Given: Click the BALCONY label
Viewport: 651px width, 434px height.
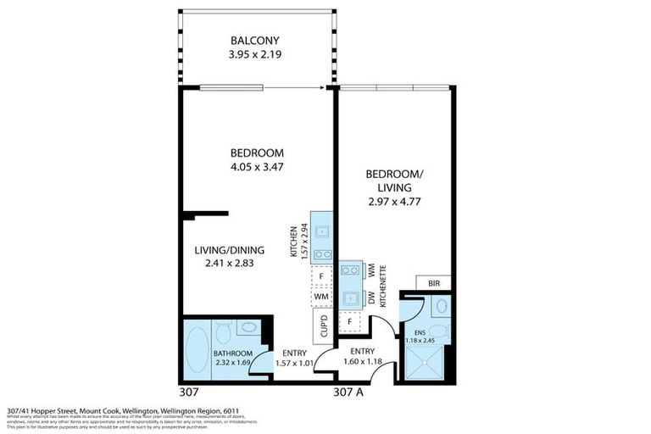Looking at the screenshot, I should pyautogui.click(x=256, y=41).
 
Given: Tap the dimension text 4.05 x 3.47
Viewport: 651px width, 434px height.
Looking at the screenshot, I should pyautogui.click(x=256, y=167).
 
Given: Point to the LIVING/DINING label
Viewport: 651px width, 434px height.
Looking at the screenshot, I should pyautogui.click(x=230, y=250).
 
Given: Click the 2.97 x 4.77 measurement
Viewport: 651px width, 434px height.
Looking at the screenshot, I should pyautogui.click(x=393, y=202).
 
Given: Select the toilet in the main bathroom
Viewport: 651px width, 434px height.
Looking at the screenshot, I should pyautogui.click(x=223, y=330).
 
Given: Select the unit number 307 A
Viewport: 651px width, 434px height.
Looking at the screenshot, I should pyautogui.click(x=348, y=392).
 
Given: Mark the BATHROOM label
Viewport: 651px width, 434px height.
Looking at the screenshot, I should pyautogui.click(x=233, y=353).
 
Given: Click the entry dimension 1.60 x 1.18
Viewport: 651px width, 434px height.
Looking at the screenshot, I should pyautogui.click(x=361, y=362).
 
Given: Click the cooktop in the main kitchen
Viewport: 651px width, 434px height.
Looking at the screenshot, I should pyautogui.click(x=322, y=253).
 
